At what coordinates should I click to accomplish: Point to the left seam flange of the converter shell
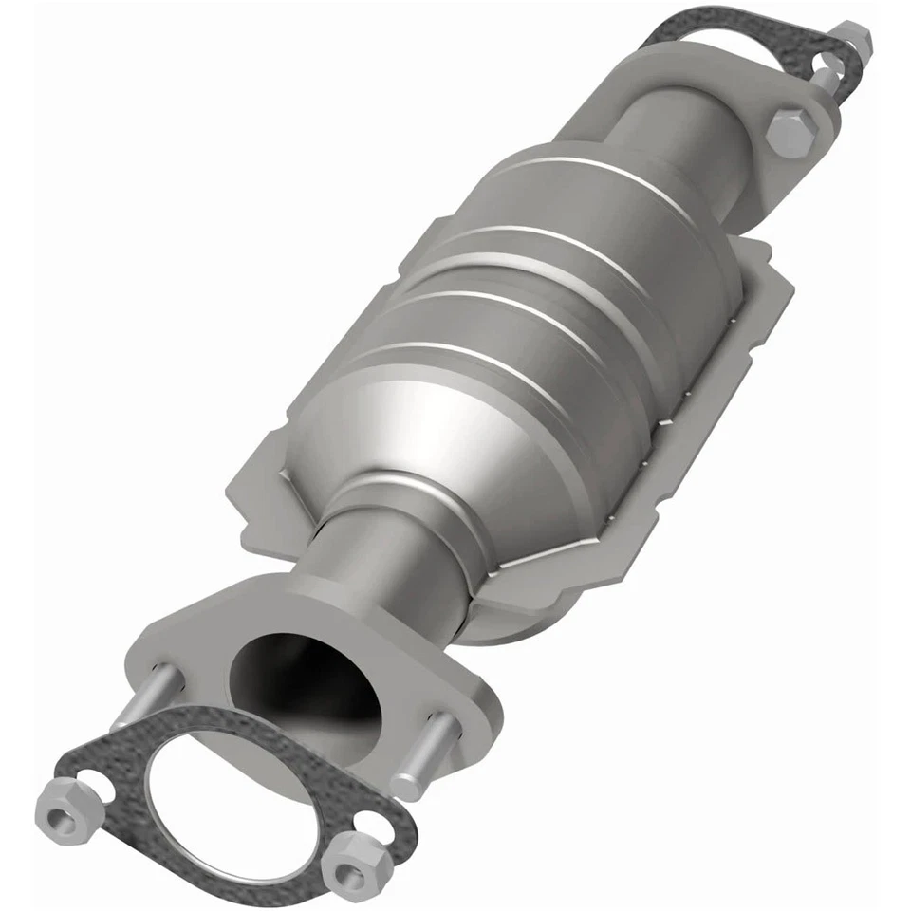(x=275, y=474)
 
